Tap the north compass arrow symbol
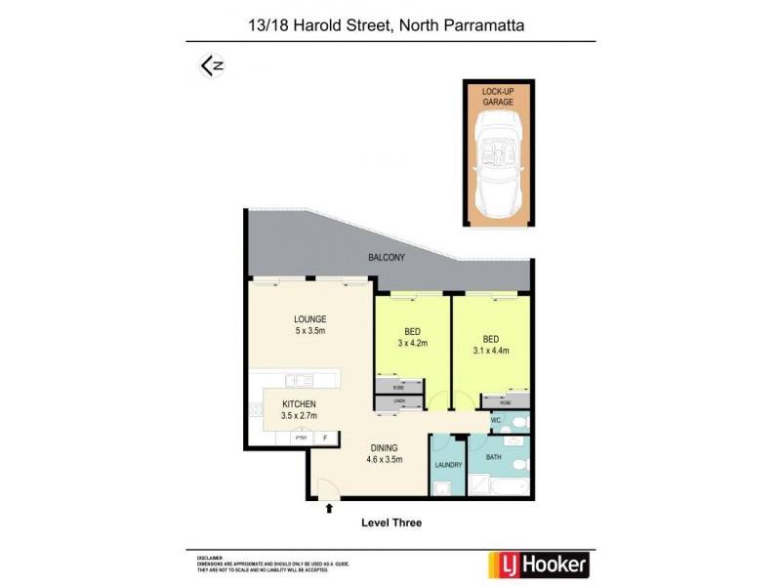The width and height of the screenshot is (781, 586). point(212,65)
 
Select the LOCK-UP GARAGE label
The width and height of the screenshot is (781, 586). point(497,96)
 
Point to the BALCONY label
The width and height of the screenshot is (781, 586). point(387,258)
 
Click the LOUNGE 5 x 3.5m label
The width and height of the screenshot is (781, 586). point(310,325)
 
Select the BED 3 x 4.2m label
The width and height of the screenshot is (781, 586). point(411,338)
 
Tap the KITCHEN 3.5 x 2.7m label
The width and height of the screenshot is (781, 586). point(299,410)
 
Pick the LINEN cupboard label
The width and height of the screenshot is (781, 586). point(398,400)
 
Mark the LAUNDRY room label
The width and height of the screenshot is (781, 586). point(448,467)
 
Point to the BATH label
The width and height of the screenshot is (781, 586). point(493,456)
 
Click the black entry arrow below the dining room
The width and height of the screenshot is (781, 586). point(329,507)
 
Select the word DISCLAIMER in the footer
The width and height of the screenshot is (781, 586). point(209,557)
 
